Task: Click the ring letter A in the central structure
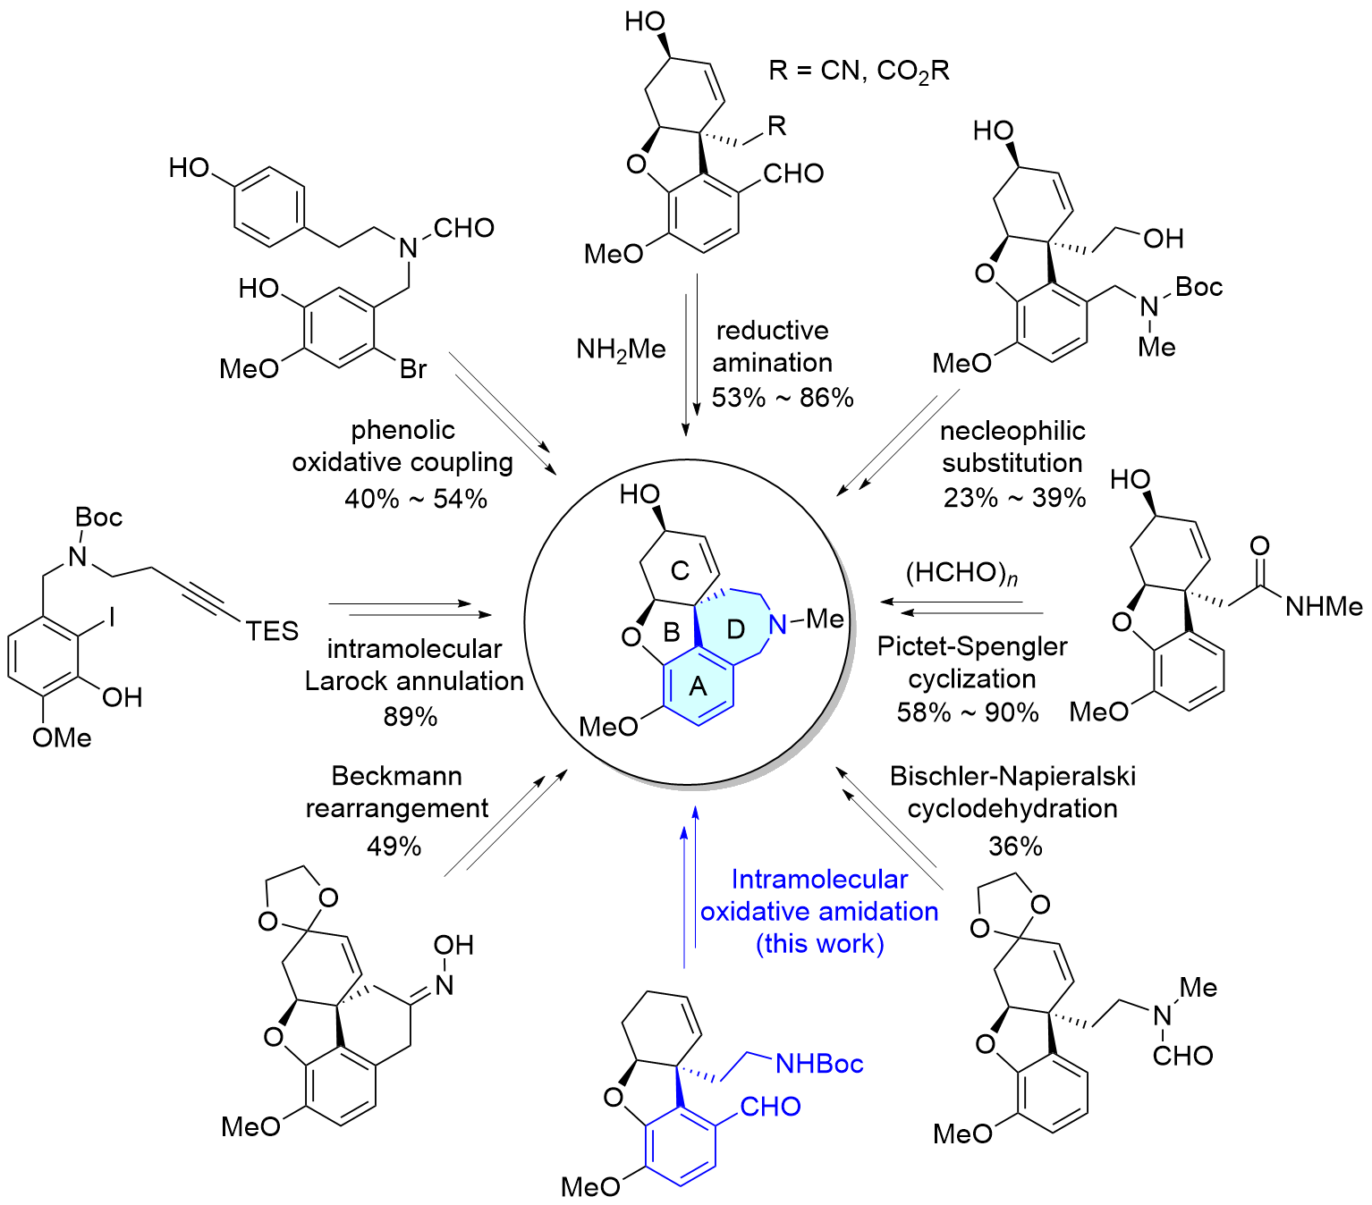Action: (x=698, y=687)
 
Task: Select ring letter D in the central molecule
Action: (x=735, y=630)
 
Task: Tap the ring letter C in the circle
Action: (x=680, y=571)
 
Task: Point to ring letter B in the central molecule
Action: (x=671, y=632)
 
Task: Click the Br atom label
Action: (x=413, y=369)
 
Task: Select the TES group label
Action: (x=272, y=631)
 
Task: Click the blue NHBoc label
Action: (x=819, y=1064)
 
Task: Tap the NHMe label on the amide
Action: (x=1324, y=606)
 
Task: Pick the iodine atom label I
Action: (x=113, y=617)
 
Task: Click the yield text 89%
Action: (x=411, y=716)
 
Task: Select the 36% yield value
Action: (x=1015, y=846)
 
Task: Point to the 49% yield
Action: (x=394, y=846)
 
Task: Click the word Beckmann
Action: (x=397, y=776)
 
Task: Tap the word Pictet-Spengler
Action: (x=972, y=647)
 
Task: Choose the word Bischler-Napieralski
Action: (x=1012, y=777)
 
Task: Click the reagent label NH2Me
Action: (x=621, y=350)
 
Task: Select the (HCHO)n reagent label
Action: (x=962, y=573)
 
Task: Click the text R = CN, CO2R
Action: (x=859, y=71)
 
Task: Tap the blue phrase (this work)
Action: (x=819, y=943)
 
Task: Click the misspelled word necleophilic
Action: (x=1012, y=431)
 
